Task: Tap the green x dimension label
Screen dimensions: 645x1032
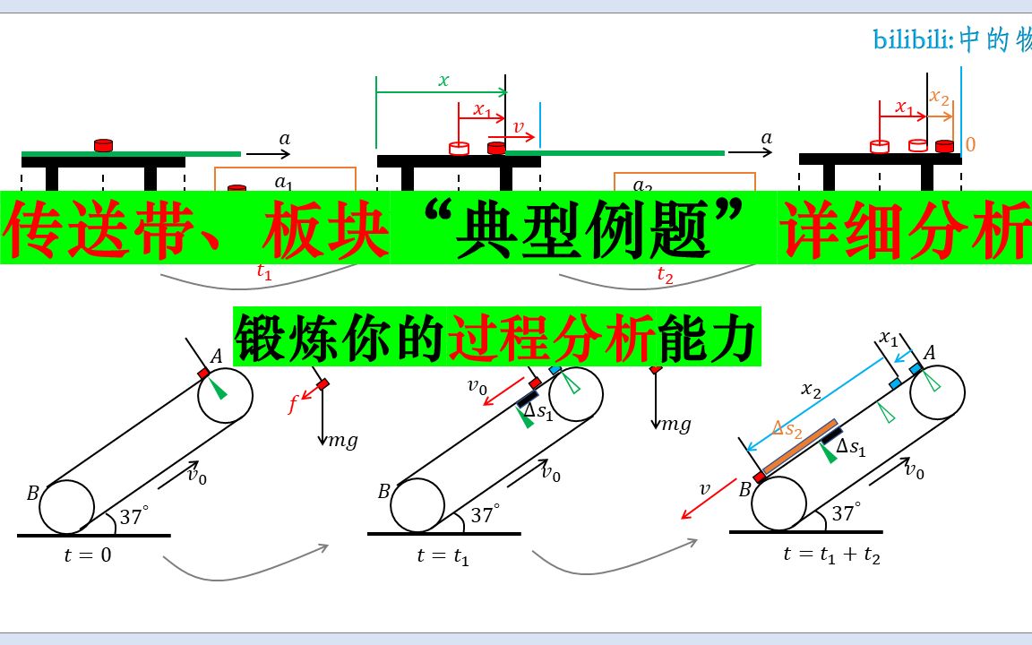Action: [x=443, y=80]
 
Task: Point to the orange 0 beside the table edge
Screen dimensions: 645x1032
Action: [x=970, y=144]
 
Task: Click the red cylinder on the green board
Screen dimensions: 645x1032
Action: [x=104, y=144]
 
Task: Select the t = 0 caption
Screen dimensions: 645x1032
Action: [x=89, y=555]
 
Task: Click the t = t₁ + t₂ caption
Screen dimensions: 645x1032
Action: [x=830, y=555]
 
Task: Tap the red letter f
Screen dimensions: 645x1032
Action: [x=293, y=404]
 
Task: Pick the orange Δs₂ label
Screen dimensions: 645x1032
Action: [x=788, y=431]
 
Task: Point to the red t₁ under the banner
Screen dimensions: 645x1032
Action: [x=264, y=274]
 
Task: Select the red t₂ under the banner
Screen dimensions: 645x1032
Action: [x=664, y=275]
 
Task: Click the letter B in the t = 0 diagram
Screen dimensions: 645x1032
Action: [x=32, y=493]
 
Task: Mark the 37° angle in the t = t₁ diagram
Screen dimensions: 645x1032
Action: [x=484, y=515]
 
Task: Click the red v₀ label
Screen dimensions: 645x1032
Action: [x=479, y=387]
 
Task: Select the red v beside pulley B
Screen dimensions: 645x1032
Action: [x=704, y=489]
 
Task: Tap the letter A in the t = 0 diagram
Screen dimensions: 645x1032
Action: [x=216, y=357]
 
